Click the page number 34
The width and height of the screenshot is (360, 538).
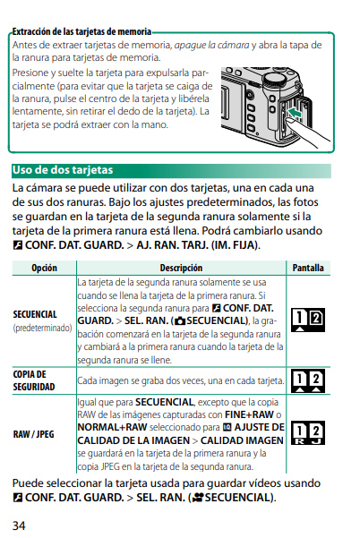(x=19, y=525)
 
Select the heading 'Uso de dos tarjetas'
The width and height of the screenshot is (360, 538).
(x=63, y=170)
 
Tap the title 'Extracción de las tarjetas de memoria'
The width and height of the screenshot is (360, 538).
(x=81, y=31)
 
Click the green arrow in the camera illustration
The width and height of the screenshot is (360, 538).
(x=295, y=112)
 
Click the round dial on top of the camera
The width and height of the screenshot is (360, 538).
(x=276, y=80)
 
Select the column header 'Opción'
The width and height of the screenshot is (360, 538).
(x=44, y=268)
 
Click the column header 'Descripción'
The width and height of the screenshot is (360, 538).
(x=181, y=268)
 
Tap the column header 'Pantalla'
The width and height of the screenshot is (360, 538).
(x=308, y=268)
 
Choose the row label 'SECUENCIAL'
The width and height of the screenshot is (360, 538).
(x=35, y=314)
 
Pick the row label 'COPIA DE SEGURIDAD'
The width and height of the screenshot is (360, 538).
(x=34, y=380)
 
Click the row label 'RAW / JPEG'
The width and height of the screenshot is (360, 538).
(x=34, y=434)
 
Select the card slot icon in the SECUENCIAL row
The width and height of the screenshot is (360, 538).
(x=308, y=320)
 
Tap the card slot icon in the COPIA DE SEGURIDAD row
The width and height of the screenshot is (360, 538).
(x=308, y=380)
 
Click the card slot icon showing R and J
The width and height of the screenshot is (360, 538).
(x=308, y=433)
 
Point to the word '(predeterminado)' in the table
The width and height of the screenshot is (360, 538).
(x=42, y=328)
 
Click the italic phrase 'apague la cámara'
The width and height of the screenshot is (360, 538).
(x=211, y=45)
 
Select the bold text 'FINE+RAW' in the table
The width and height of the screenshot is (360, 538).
(x=249, y=414)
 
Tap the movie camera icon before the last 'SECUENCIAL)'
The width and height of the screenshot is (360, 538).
(x=197, y=498)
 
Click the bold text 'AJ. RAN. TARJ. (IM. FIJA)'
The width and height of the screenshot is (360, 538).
(x=197, y=245)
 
